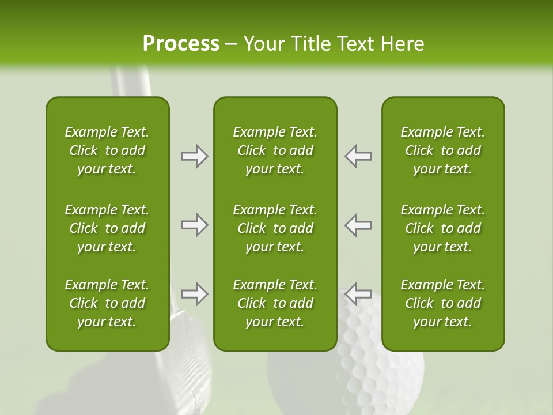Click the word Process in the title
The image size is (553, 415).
[181, 44]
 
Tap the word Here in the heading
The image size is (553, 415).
[402, 44]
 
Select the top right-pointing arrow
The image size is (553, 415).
[195, 156]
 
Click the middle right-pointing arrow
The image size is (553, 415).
[195, 225]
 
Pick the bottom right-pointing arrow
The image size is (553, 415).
[195, 294]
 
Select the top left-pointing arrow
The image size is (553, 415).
[358, 156]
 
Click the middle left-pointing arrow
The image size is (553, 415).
[358, 225]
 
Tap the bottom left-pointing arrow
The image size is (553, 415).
[358, 294]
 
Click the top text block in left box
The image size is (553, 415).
[107, 150]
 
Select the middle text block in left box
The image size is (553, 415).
[107, 228]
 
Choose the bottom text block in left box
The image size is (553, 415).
[107, 303]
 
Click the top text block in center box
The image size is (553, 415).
[275, 150]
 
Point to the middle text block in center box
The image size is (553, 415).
[275, 228]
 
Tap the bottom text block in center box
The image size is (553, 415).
[275, 303]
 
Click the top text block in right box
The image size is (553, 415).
[443, 150]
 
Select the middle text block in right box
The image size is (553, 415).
[443, 228]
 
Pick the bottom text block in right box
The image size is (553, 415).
[443, 303]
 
